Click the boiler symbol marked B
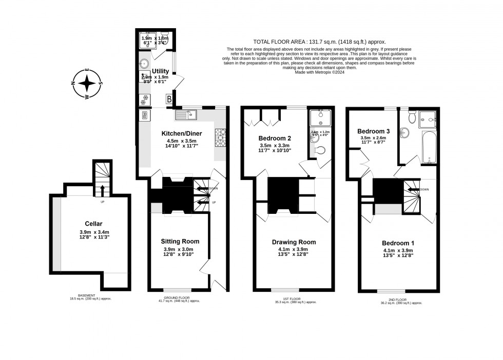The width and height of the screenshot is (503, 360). [168, 99]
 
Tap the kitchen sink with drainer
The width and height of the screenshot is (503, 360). [186, 115]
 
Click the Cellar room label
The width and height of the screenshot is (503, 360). [94, 224]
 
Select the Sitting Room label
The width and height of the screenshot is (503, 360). [180, 241]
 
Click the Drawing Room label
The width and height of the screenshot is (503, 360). [294, 242]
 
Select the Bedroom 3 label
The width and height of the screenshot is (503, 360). [373, 131]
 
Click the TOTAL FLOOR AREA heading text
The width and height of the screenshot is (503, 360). [319, 42]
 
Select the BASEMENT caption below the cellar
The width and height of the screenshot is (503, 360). [90, 295]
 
